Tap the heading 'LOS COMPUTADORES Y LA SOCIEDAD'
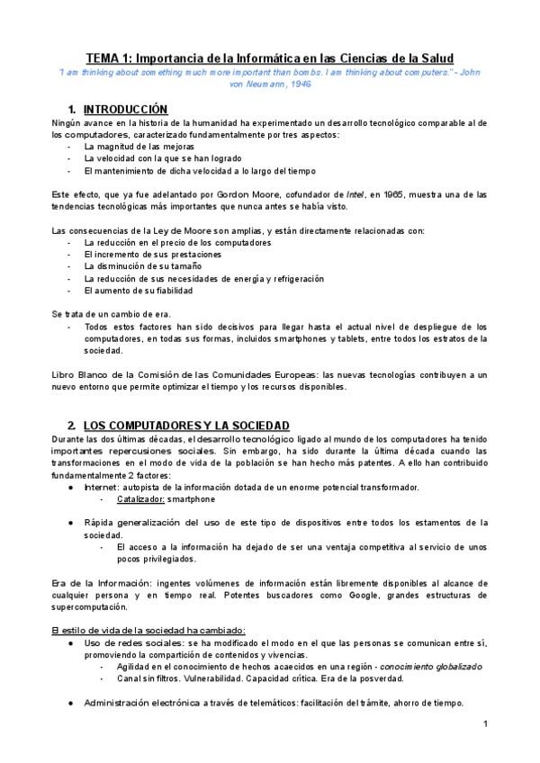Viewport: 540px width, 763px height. click(x=186, y=425)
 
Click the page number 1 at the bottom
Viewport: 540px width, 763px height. click(x=485, y=723)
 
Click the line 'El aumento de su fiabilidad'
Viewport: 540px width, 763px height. click(x=138, y=291)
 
